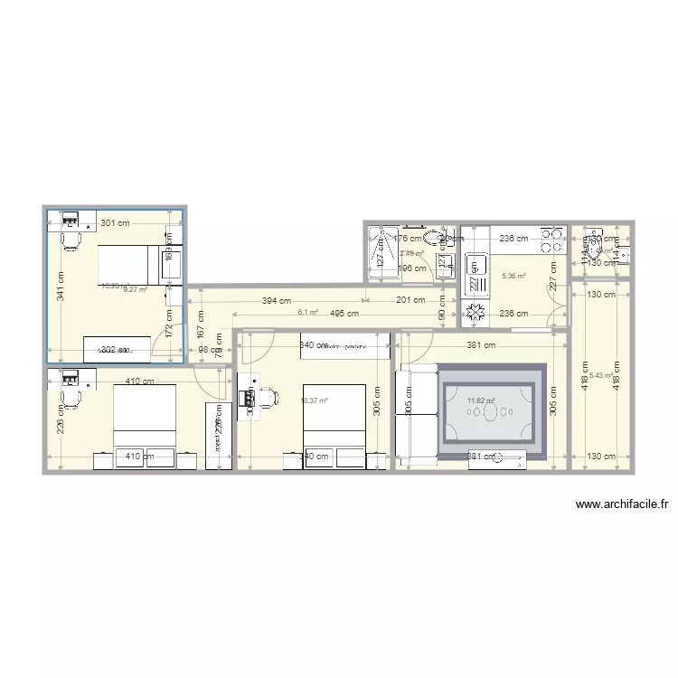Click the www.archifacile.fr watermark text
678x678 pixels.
(x=620, y=505)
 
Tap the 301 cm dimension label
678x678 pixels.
(x=115, y=222)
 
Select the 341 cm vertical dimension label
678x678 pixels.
(x=61, y=287)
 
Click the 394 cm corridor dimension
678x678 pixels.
(x=277, y=300)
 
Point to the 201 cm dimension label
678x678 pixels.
(x=410, y=300)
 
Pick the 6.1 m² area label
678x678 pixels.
(x=307, y=313)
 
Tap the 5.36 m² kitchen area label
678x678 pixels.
(x=513, y=276)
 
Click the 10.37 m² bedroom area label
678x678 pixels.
(x=313, y=400)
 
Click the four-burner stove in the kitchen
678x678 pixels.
(x=551, y=239)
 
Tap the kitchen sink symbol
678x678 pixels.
(x=473, y=268)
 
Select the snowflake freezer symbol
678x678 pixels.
(x=473, y=314)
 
